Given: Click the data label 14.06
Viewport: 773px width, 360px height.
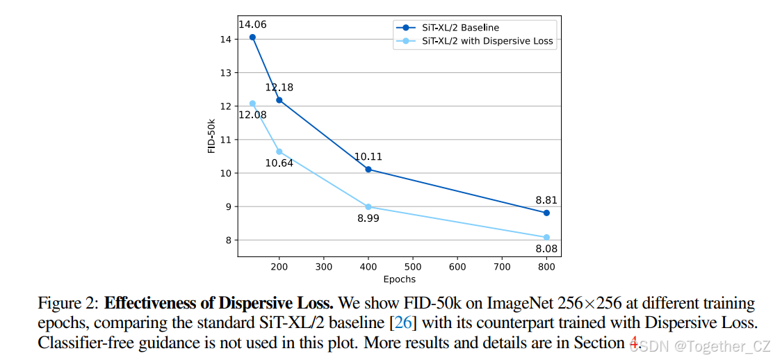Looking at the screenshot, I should pos(252,24).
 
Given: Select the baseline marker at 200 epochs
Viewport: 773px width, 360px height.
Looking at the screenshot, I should pos(279,100).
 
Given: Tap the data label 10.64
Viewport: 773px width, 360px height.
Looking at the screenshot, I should pos(279,164).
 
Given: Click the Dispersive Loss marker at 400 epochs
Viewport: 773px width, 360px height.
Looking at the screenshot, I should pos(368,207).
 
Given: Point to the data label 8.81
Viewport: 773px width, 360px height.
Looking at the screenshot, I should pos(546,200).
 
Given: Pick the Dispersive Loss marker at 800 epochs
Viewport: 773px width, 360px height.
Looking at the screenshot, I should pos(546,238).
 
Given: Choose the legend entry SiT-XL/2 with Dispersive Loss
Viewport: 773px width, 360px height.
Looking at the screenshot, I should pos(487,41).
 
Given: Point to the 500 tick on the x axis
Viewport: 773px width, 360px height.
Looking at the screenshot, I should pos(413,266).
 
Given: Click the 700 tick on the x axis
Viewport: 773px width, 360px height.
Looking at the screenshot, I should pos(502,266).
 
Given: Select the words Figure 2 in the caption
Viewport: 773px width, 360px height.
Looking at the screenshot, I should pos(68,304).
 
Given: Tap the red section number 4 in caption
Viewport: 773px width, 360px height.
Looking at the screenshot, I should pos(633,343).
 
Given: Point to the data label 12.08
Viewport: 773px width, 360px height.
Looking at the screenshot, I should pos(252,115).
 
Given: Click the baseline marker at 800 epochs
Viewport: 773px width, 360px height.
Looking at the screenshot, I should pos(546,213).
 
